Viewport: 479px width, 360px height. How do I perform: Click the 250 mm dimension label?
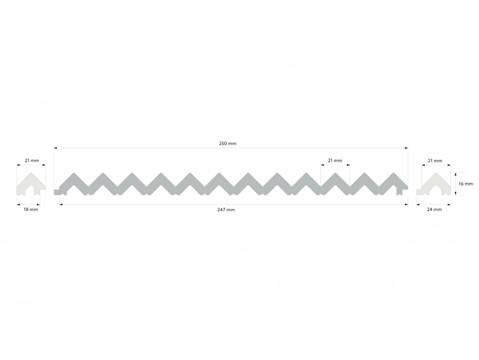228,144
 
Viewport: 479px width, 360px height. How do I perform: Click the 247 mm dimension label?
226,210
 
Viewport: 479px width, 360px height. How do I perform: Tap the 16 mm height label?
465,184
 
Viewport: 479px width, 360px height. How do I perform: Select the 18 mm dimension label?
31,209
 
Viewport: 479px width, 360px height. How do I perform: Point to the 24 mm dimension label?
435,209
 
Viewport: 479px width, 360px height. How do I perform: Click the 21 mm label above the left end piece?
32,161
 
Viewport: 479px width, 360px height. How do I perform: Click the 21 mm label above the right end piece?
435,161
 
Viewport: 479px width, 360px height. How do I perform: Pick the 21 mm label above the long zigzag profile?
335,161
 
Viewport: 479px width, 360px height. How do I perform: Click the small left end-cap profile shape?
31,184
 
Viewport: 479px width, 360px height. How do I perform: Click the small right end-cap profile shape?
434,184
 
